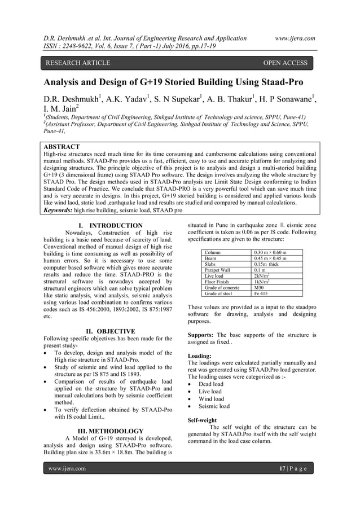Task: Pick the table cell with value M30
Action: (x=260, y=287)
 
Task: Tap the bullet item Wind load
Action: (x=211, y=398)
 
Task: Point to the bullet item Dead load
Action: (x=211, y=384)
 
